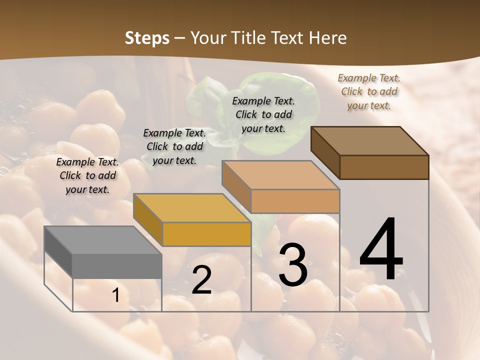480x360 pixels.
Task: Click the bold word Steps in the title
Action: point(147,38)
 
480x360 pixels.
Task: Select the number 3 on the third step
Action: point(292,265)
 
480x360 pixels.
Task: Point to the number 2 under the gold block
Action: point(201,280)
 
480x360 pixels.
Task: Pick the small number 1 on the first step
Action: point(115,295)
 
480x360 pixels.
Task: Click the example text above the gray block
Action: point(87,175)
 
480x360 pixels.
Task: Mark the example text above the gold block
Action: point(174,146)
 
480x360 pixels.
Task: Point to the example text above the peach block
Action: point(263,114)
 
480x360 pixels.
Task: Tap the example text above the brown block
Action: point(369,91)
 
